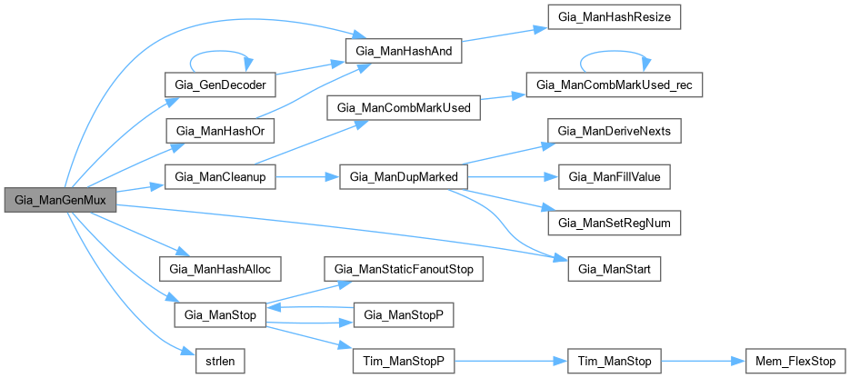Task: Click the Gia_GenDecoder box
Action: click(x=218, y=84)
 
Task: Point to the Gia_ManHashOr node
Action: click(x=218, y=130)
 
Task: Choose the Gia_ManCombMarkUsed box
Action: click(x=404, y=107)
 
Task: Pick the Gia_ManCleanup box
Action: click(x=218, y=176)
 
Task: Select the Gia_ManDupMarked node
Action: click(x=404, y=176)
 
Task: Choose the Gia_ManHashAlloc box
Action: click(x=220, y=269)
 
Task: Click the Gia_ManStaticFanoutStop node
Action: click(x=404, y=269)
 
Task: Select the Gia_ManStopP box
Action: click(x=404, y=315)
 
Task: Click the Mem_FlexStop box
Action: click(x=789, y=362)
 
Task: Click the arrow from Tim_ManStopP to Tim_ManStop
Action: click(x=510, y=362)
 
